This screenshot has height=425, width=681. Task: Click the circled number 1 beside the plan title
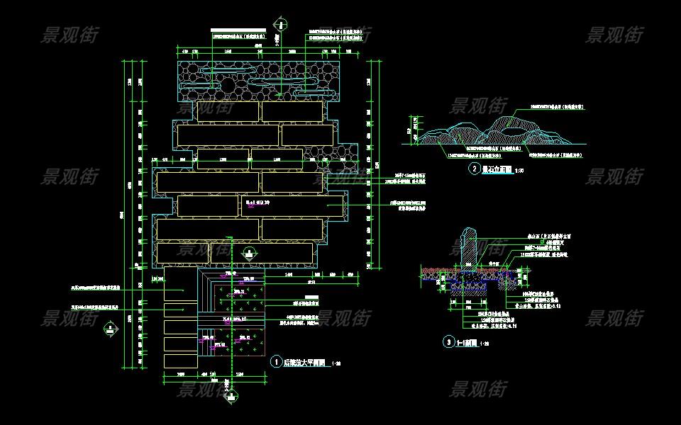(276, 361)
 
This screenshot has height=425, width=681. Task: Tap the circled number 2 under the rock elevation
(474, 169)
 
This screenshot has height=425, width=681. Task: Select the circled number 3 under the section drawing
(448, 341)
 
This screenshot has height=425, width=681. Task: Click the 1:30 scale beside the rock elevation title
(519, 171)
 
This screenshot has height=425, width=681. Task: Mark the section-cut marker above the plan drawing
(282, 25)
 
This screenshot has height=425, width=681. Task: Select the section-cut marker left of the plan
(111, 327)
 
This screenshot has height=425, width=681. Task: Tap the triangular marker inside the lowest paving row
(248, 252)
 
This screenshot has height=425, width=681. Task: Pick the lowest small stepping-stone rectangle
(180, 361)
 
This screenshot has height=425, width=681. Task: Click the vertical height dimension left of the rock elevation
(410, 130)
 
